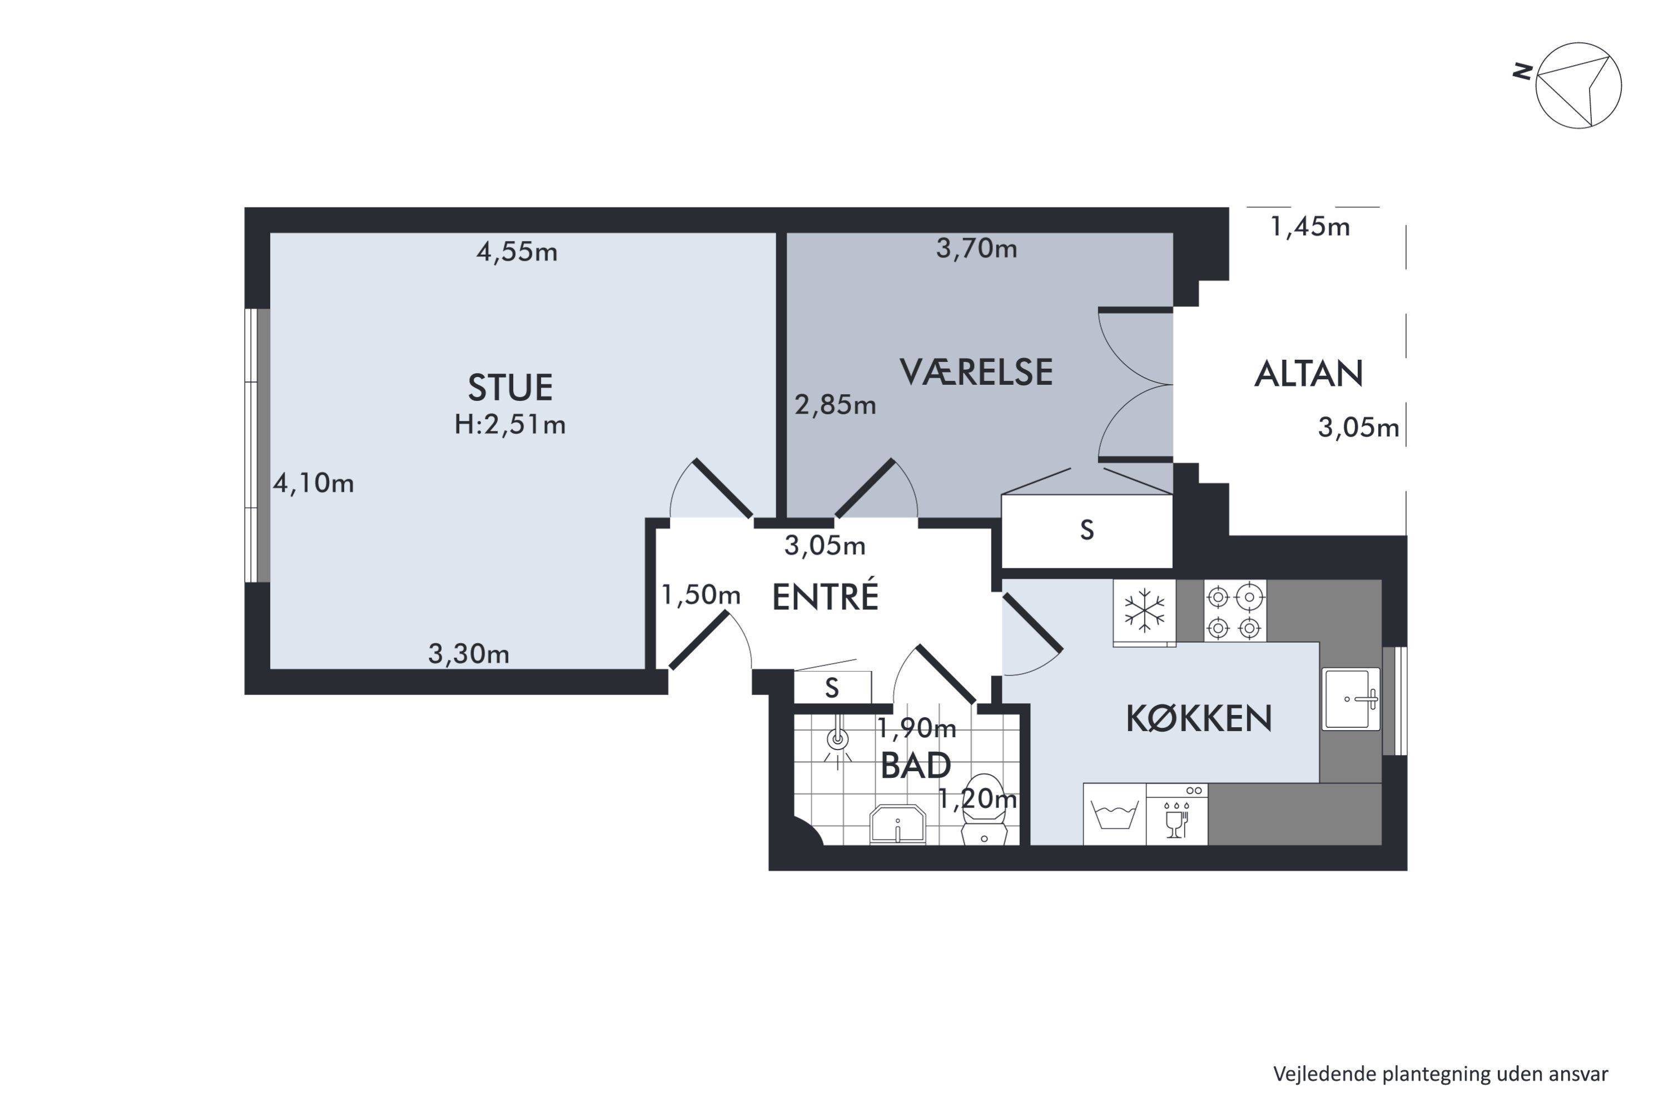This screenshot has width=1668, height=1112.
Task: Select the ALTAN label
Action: [x=1308, y=374]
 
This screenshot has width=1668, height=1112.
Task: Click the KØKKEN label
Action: [x=1199, y=718]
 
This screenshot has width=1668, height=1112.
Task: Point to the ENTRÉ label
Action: [x=825, y=597]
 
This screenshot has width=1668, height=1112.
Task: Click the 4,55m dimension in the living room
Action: [x=517, y=252]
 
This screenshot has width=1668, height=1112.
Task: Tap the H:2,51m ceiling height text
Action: [x=510, y=425]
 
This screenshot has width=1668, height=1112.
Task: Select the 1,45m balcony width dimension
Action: [x=1310, y=227]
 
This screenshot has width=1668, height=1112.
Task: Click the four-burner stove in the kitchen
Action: [x=1235, y=611]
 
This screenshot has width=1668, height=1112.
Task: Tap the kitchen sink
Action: [x=1351, y=698]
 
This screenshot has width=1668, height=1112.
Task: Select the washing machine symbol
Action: [x=1114, y=814]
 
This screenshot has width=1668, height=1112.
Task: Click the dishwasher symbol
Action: [x=1176, y=814]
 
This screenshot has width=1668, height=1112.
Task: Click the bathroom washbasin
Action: [x=898, y=825]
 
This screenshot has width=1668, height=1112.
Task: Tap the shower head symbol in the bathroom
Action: [x=838, y=741]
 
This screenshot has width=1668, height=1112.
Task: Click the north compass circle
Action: [x=1578, y=85]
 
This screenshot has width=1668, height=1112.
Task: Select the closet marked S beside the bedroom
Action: [x=1086, y=530]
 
